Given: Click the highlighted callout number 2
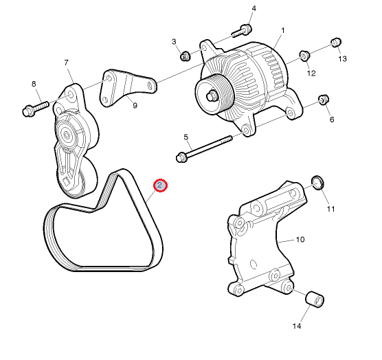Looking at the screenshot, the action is (160, 185).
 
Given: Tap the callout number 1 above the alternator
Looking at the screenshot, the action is (283, 31).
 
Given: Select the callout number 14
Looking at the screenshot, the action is (297, 326).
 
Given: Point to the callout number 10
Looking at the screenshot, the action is (300, 240).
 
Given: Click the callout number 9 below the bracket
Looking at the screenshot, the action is (135, 106).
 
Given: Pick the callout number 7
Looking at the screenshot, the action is (66, 63).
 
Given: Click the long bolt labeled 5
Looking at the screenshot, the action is (203, 148).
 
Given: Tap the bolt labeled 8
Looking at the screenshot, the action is (36, 109).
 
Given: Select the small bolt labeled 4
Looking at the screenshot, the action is (242, 31).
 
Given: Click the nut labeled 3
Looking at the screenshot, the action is (185, 56).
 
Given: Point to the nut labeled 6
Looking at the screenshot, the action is (324, 100).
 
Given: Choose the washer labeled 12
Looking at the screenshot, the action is (304, 56).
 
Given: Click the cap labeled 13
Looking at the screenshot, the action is (336, 43).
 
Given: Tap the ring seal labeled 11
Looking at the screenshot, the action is (318, 182).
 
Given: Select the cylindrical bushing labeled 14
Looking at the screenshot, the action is (315, 299).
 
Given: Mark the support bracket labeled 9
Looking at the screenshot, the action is (127, 88).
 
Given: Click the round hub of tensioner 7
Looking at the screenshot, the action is (66, 135).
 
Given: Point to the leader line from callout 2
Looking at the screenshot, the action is (151, 196).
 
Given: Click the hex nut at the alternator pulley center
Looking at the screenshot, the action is (211, 96).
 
